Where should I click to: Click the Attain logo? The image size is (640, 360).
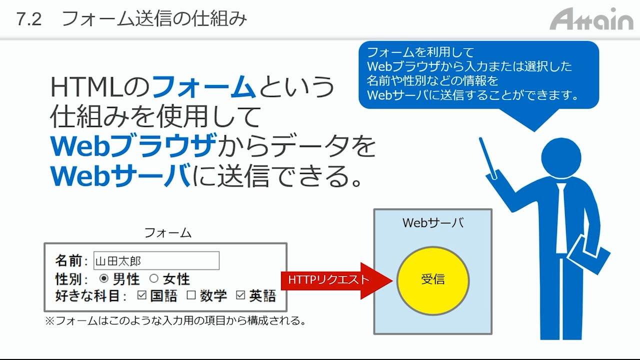591,19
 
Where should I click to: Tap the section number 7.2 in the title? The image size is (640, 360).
29,19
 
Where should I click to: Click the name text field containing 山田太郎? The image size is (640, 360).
156,260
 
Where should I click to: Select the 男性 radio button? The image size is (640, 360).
103,278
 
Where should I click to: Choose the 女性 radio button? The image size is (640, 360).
153,278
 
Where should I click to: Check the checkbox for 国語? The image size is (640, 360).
141,295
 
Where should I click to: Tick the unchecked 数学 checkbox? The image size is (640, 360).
191,295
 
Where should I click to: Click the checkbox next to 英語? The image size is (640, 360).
240,295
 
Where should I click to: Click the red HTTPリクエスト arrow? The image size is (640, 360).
336,280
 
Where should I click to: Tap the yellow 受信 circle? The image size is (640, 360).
433,280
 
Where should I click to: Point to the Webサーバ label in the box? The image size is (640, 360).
433,223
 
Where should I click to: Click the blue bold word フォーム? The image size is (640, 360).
204,86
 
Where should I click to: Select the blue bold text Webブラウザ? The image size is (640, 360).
133,145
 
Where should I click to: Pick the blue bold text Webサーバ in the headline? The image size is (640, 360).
120,175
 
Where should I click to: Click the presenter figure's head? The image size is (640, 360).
561,157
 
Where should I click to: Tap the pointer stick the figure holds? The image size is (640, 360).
488,158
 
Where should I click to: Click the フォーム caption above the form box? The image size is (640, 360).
167,233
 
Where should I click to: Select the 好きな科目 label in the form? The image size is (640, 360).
87,295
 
